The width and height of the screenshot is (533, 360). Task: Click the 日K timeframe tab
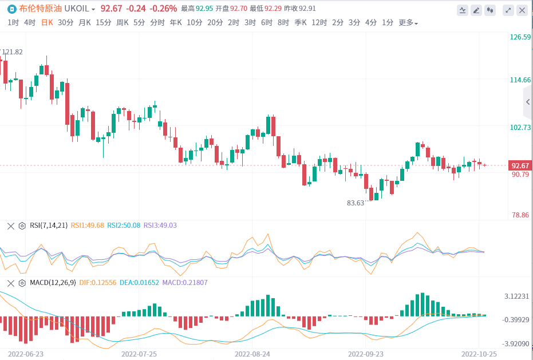click(47, 23)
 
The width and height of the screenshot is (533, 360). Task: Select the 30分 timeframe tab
click(66, 23)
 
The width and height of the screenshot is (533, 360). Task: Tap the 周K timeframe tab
click(122, 23)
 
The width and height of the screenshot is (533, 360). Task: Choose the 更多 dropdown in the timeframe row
click(408, 23)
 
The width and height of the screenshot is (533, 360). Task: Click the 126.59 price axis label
click(520, 37)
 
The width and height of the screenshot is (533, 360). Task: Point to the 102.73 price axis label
click(520, 128)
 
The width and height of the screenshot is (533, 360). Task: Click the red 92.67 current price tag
click(520, 165)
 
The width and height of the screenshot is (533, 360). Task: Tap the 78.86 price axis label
click(520, 215)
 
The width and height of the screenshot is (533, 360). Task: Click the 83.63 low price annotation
click(356, 203)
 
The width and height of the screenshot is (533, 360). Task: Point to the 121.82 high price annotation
click(13, 52)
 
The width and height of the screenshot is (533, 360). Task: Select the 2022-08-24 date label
click(252, 354)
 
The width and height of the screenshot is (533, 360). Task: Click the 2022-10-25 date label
click(479, 354)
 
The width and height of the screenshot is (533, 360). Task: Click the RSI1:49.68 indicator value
click(88, 226)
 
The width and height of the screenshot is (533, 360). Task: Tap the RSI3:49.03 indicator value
click(160, 226)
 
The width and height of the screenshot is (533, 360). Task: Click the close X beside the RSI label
click(10, 226)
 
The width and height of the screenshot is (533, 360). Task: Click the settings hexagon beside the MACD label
click(22, 283)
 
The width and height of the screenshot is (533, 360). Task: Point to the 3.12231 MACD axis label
click(518, 296)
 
